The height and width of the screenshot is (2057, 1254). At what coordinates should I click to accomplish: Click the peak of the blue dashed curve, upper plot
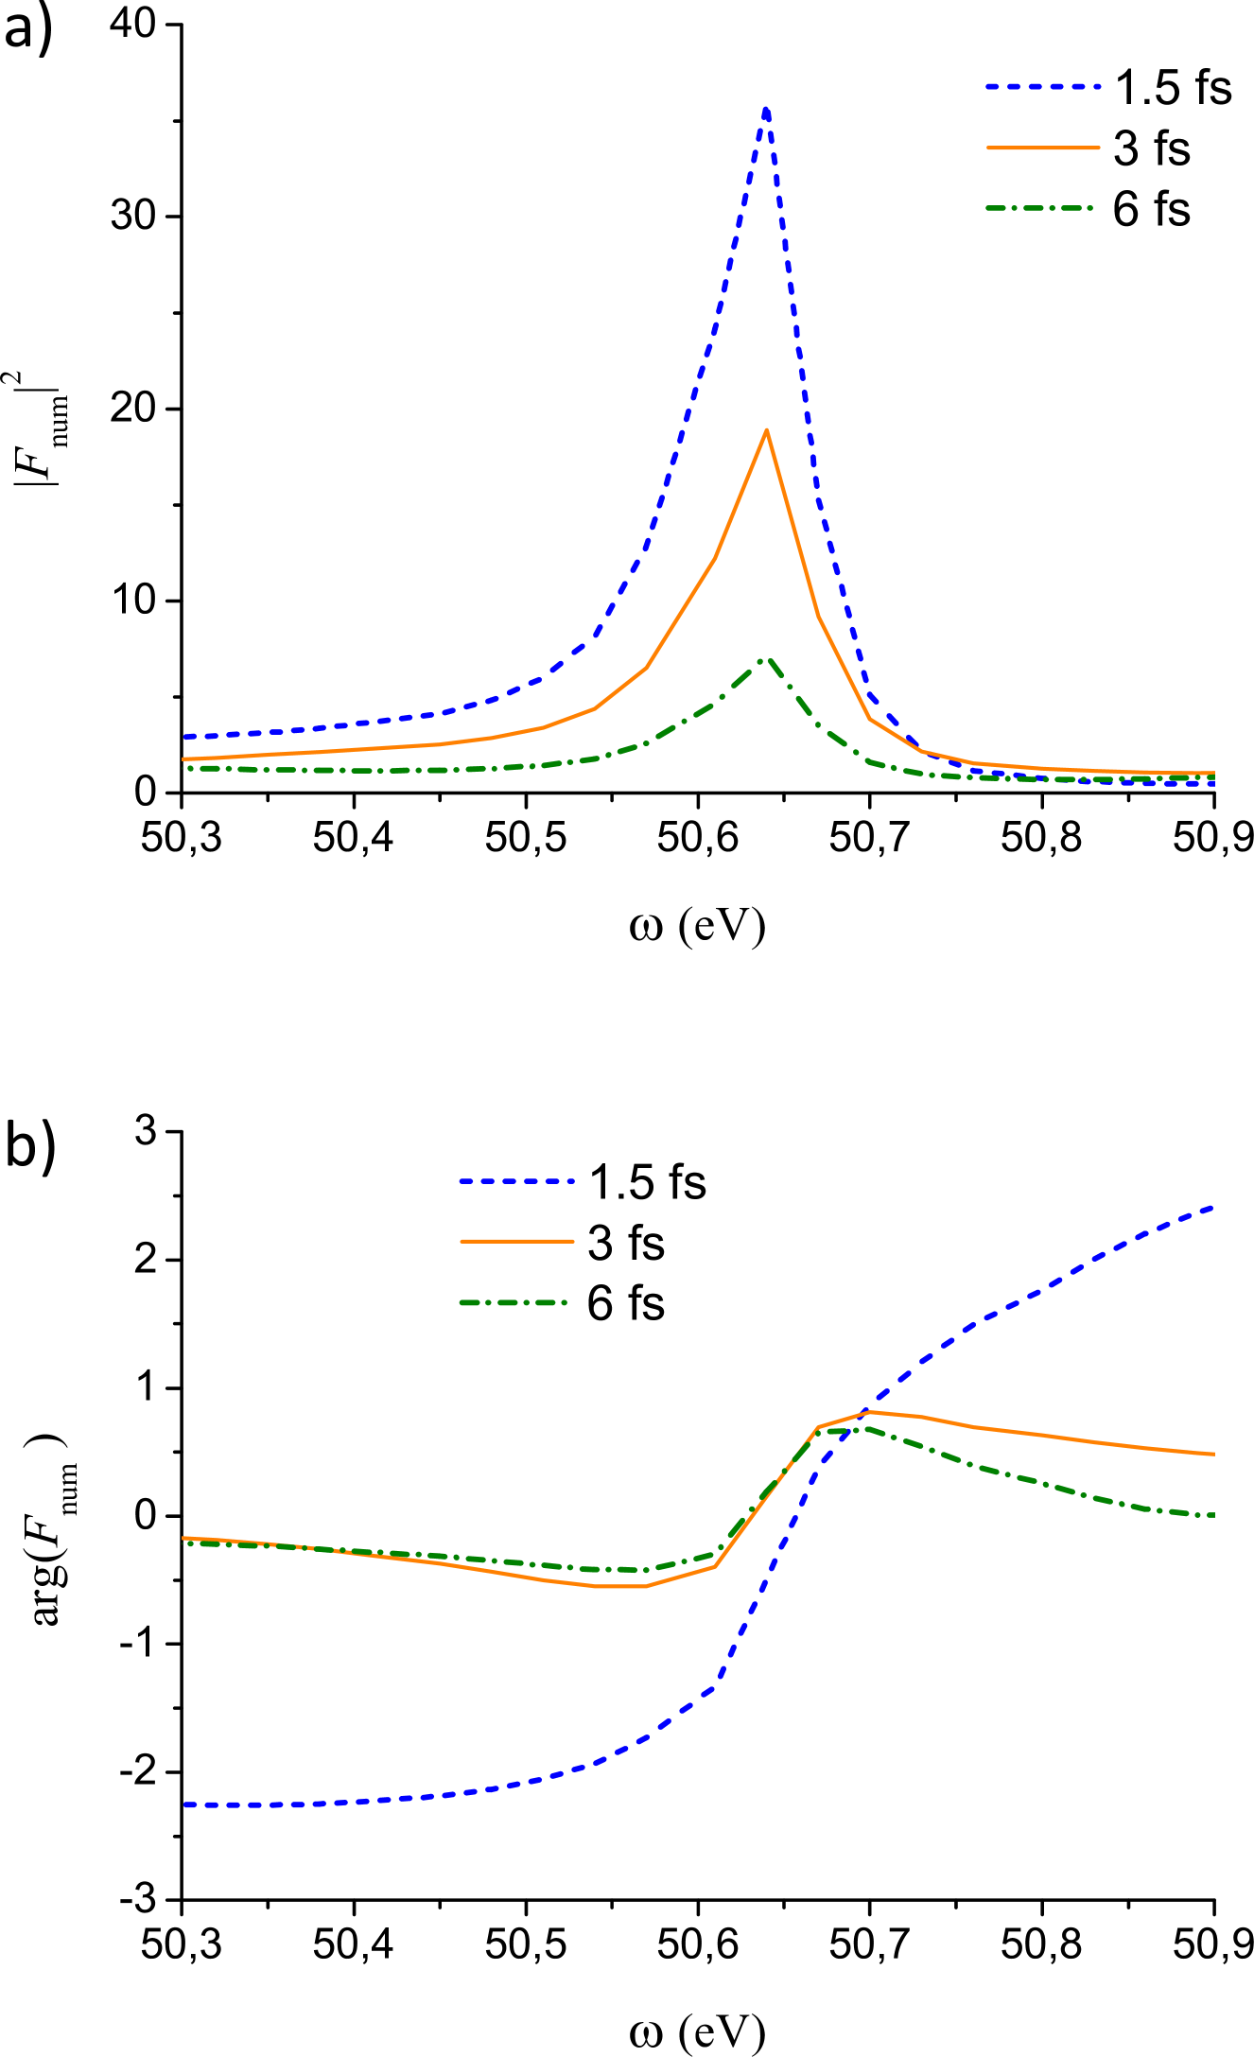(766, 110)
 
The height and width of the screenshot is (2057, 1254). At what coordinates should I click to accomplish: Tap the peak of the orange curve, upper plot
(766, 430)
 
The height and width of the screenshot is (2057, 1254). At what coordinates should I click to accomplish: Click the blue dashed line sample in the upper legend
(1043, 86)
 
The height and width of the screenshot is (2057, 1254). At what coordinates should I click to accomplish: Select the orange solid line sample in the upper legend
(1043, 148)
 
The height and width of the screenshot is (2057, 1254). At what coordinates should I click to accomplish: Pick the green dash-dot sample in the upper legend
(1039, 207)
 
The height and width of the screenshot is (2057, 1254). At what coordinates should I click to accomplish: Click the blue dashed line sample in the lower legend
(516, 1181)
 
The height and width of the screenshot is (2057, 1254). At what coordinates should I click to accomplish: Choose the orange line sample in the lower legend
(516, 1241)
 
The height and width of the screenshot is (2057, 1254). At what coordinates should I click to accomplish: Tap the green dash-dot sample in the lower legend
(513, 1302)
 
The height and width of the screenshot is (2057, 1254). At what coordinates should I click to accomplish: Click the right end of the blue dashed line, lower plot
(1213, 1207)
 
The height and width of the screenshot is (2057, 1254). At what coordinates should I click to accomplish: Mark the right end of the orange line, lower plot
(1213, 1454)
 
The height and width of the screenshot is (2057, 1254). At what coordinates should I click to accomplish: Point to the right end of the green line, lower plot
(1213, 1515)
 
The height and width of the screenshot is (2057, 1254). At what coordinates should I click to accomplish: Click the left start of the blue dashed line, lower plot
(184, 1804)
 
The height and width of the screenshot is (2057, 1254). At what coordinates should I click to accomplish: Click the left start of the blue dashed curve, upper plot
(184, 736)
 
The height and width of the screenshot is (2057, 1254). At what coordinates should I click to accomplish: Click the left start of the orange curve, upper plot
(184, 758)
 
